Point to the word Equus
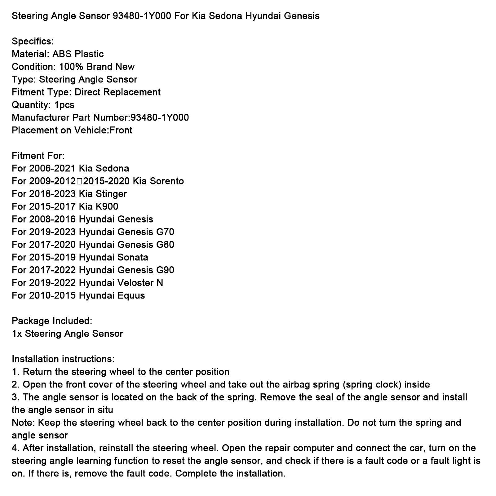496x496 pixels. click(x=131, y=295)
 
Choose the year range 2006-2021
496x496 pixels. click(x=52, y=168)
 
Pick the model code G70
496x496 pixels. click(x=165, y=232)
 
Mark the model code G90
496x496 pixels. click(x=165, y=270)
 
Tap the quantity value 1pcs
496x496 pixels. click(x=64, y=105)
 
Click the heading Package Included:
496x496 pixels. click(x=52, y=321)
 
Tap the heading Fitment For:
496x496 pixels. click(x=38, y=156)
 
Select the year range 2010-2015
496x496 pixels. click(x=52, y=295)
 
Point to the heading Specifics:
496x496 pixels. click(x=33, y=41)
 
